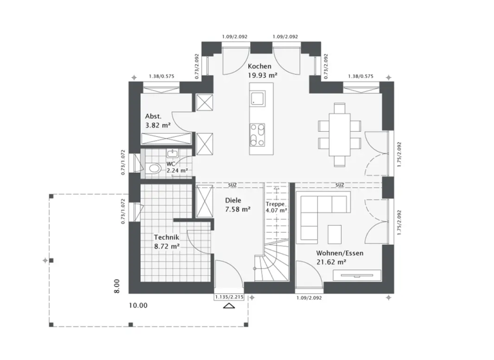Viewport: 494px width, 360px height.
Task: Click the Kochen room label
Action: pos(260,67)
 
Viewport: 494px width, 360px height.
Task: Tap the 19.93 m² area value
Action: pos(262,76)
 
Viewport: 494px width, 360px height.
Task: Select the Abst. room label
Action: pos(153,116)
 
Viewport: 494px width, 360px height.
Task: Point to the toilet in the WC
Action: pos(153,168)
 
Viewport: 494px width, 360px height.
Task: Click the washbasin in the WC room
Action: pos(172,153)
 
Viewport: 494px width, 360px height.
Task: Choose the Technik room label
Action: pos(166,237)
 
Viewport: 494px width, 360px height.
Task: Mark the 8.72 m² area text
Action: pos(166,246)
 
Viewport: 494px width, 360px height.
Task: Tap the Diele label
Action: pos(233,200)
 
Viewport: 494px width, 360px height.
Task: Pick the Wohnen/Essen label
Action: pos(340,253)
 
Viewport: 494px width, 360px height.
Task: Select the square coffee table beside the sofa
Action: pos(335,232)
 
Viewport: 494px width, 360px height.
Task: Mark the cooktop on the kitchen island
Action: pos(257,135)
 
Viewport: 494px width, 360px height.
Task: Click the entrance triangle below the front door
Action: pos(228,307)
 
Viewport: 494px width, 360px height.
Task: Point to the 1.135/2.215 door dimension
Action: pos(228,298)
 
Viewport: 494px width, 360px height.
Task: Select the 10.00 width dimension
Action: pos(138,305)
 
